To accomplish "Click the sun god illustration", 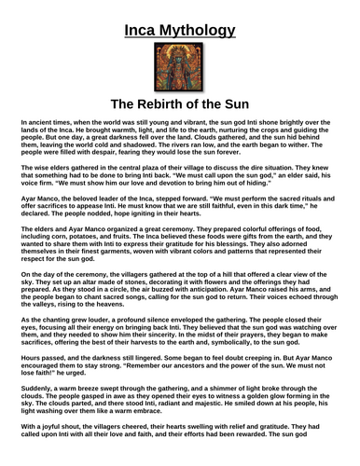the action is tap(179, 62).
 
